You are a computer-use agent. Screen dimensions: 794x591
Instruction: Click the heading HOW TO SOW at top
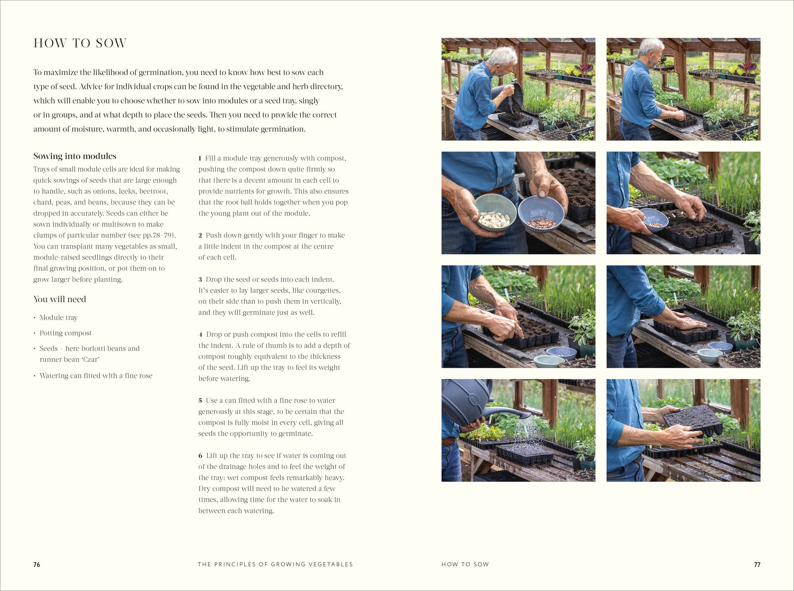click(x=80, y=43)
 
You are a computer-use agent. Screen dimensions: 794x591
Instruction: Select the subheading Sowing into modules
click(x=75, y=156)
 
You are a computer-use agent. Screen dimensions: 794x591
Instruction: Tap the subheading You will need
click(x=60, y=299)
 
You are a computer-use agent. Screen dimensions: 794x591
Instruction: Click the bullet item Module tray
click(x=58, y=318)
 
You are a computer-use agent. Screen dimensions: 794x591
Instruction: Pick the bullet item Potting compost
click(x=65, y=333)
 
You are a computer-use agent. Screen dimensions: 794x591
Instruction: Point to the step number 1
click(x=200, y=158)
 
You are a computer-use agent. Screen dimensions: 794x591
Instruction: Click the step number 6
click(x=200, y=456)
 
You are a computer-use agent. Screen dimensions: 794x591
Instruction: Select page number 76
click(x=37, y=564)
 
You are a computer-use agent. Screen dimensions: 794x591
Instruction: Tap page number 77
click(x=757, y=564)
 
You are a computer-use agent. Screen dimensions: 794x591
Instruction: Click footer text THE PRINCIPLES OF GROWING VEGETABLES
click(x=275, y=564)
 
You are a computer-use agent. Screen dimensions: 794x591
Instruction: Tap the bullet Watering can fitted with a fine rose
click(x=96, y=376)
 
